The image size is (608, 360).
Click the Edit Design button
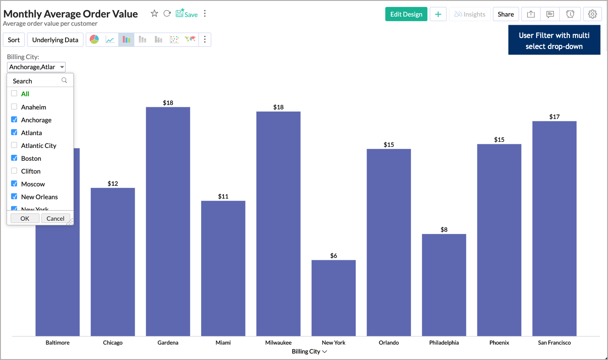(406, 14)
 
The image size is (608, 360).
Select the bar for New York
(334, 298)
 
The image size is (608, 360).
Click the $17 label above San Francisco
(554, 117)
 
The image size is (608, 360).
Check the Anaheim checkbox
(14, 107)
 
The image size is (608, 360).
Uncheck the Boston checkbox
(14, 158)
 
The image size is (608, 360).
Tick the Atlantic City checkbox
(14, 145)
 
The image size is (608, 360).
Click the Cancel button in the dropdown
(55, 218)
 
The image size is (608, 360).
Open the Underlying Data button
(55, 40)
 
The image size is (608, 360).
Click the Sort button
(14, 40)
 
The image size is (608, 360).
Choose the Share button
(506, 14)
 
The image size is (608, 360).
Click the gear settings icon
(592, 14)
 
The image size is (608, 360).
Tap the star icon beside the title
(154, 14)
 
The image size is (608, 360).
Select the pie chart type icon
(94, 40)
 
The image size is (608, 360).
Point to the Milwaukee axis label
(278, 343)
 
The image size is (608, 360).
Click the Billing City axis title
(306, 352)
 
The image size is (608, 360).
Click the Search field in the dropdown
(37, 81)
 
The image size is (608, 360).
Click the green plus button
(438, 14)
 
